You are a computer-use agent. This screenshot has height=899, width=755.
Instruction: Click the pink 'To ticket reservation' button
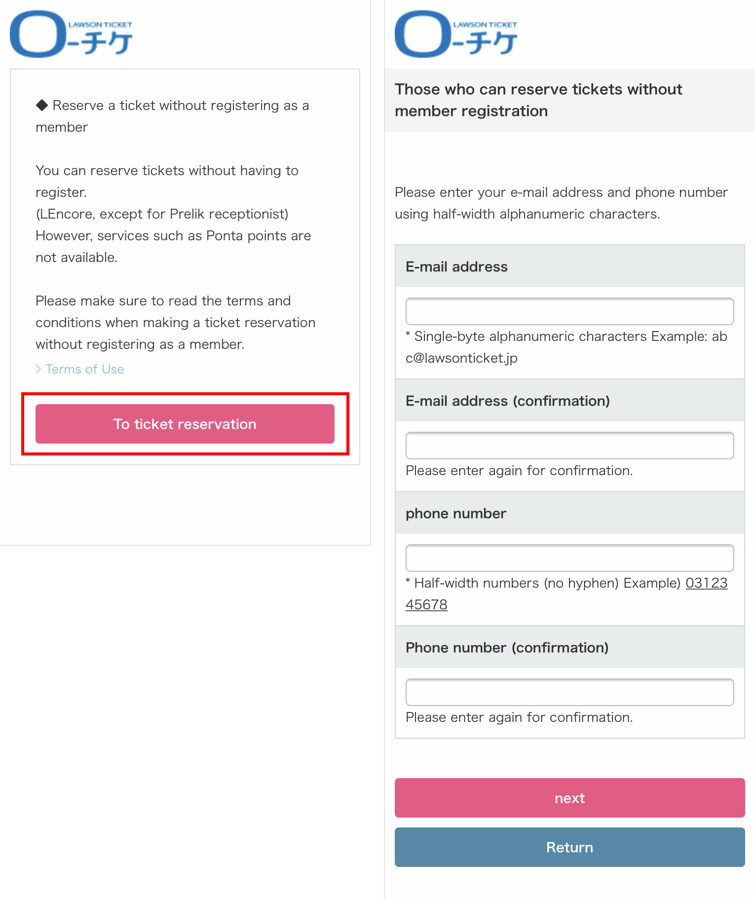click(x=185, y=424)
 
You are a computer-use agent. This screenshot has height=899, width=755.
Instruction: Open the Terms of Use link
click(x=84, y=369)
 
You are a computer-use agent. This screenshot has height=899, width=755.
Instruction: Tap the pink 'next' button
click(x=569, y=798)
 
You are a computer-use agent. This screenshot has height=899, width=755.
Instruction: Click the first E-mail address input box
click(x=569, y=311)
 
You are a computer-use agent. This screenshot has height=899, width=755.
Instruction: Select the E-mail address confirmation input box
click(x=569, y=446)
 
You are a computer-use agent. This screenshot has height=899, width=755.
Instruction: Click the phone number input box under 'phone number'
click(x=569, y=558)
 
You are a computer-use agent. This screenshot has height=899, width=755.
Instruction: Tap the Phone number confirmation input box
click(x=569, y=692)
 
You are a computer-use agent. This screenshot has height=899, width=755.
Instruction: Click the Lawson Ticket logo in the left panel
click(x=71, y=34)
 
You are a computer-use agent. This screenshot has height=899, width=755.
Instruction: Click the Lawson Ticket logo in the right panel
click(x=456, y=34)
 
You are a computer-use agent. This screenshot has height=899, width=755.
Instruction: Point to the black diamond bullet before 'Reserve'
click(x=42, y=105)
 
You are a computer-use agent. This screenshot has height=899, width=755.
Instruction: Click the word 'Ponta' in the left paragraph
click(x=224, y=236)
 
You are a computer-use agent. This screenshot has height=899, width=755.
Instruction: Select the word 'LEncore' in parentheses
click(x=66, y=214)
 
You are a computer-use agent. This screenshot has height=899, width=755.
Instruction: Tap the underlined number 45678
click(x=426, y=604)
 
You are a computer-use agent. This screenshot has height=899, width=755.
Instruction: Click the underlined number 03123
click(x=706, y=583)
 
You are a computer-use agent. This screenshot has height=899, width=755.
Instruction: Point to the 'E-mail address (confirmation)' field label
click(x=507, y=401)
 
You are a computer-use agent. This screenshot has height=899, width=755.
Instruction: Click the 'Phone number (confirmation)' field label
click(x=507, y=647)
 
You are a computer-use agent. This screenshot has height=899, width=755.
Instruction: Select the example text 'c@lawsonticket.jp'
click(x=461, y=358)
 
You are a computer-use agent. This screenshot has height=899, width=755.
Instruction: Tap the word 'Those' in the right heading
click(x=417, y=89)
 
